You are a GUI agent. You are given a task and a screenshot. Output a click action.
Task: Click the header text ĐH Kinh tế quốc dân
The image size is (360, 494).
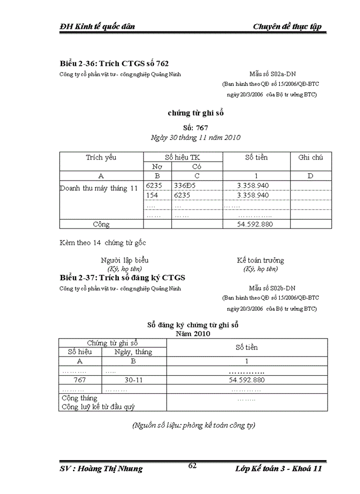[97, 27]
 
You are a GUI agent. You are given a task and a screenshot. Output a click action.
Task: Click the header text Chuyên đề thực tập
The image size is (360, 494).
[287, 27]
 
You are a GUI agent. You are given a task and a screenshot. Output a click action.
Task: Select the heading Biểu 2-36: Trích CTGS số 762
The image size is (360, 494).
[114, 64]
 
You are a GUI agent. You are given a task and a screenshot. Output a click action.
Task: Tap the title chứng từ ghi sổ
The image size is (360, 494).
[195, 113]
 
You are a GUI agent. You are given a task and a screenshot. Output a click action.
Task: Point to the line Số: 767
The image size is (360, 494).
[195, 127]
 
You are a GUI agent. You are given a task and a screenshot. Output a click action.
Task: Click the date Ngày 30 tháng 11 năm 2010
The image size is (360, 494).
[195, 137]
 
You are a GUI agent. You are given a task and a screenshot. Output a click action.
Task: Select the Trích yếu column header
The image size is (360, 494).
[101, 157]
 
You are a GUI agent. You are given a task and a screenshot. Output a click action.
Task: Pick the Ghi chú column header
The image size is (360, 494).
[311, 157]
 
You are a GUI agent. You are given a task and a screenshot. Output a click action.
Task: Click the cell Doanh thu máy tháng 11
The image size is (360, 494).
[99, 188]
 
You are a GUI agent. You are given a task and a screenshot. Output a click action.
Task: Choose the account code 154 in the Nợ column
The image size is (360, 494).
[152, 196]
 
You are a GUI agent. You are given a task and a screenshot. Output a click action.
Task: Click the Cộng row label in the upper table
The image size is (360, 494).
[101, 224]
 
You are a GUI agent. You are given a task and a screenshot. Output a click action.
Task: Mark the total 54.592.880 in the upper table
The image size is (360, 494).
[255, 224]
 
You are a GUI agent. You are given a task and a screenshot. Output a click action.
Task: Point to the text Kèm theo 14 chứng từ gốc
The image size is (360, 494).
[106, 243]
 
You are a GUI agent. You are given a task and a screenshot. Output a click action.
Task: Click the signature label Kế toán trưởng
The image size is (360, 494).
[260, 260]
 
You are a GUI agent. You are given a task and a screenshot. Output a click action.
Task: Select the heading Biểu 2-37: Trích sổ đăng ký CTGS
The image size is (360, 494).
[122, 278]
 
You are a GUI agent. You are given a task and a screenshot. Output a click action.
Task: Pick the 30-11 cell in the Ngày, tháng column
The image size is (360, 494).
[134, 380]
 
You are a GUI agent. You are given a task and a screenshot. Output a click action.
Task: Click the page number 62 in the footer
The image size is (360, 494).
[193, 465]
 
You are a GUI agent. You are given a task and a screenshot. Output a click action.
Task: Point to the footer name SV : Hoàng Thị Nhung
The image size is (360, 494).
[101, 469]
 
